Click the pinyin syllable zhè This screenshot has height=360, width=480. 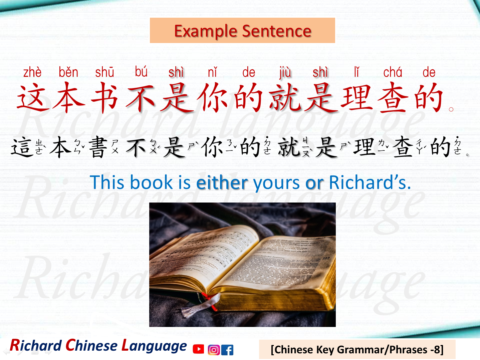pos(32,72)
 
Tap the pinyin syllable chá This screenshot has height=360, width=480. pos(393,72)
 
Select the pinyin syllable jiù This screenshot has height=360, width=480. pos(285,72)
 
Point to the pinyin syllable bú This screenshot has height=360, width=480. pos(141,71)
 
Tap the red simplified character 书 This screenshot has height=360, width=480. pos(104,98)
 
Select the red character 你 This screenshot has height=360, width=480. pos(212,98)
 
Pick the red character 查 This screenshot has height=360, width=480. pos(393,98)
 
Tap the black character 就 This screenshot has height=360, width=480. pos(289,147)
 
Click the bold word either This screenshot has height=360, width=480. pos(222,183)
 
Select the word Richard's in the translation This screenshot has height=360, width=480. pos(370,183)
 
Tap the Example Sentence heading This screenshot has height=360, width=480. pos(242,31)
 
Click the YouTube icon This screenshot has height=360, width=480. pos(198,349)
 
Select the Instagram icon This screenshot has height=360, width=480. pos(213,350)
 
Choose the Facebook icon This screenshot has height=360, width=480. pos(228,350)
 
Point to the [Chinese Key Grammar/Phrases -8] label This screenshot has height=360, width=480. pos(357,350)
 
